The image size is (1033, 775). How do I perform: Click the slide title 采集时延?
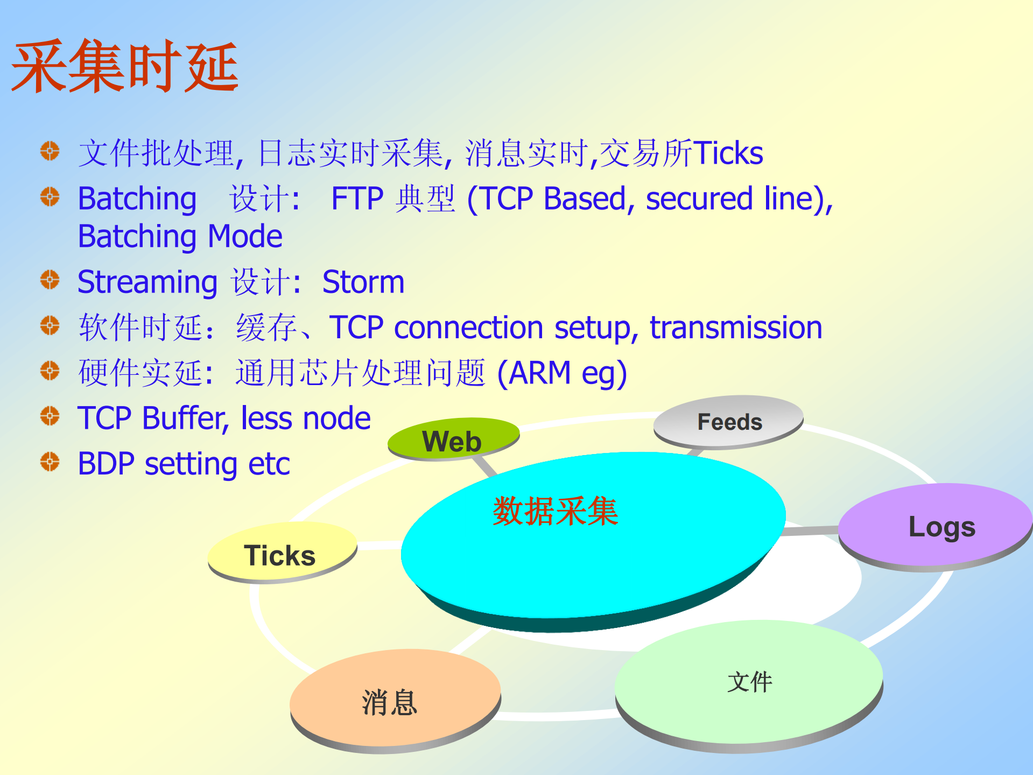click(125, 67)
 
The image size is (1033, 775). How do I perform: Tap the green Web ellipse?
click(452, 440)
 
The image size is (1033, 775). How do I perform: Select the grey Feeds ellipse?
click(729, 422)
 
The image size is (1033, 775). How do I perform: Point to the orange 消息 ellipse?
click(390, 702)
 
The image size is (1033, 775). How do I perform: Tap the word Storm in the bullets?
click(363, 282)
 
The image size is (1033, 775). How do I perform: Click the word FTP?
click(357, 198)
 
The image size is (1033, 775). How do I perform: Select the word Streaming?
click(147, 282)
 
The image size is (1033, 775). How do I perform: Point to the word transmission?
click(736, 327)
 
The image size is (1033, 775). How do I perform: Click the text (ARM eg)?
click(562, 373)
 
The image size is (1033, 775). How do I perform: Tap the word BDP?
click(106, 464)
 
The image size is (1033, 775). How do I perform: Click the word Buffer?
click(182, 418)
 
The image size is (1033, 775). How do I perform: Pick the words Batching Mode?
click(180, 236)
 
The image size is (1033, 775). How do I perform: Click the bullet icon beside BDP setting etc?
click(50, 462)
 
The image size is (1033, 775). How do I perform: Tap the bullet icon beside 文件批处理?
click(50, 151)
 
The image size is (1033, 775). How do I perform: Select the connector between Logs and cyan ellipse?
click(810, 531)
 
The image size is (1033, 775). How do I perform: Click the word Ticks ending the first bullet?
click(728, 153)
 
